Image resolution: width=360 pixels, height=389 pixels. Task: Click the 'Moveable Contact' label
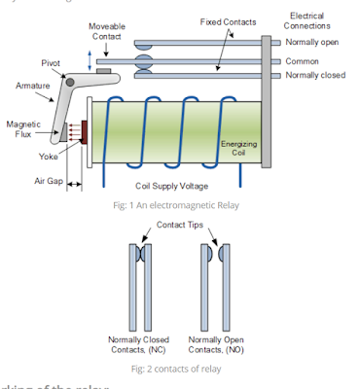[106, 31]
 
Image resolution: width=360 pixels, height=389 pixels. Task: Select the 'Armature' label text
[33, 87]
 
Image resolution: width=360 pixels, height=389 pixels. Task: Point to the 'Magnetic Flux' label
[23, 130]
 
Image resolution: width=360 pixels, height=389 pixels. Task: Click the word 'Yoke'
[48, 154]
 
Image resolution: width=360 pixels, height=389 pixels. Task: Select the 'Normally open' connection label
[312, 43]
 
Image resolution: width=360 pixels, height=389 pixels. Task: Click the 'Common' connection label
[303, 59]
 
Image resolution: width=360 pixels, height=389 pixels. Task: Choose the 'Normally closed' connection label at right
[315, 75]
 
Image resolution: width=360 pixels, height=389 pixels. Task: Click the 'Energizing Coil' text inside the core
[237, 149]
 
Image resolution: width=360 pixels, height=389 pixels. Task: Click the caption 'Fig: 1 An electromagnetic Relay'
[180, 204]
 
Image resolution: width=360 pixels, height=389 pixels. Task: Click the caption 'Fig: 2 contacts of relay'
[180, 371]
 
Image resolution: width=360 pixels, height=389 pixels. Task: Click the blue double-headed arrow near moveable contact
[91, 60]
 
